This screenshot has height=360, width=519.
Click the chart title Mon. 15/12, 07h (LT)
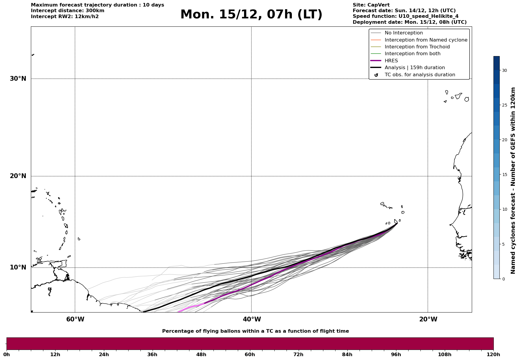click(x=251, y=15)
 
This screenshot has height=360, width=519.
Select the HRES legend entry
click(x=391, y=61)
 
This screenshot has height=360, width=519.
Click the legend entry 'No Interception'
click(x=404, y=33)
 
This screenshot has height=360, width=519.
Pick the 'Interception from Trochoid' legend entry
click(x=417, y=47)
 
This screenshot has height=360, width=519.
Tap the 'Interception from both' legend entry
click(x=412, y=54)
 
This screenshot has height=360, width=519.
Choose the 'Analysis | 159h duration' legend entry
click(x=414, y=68)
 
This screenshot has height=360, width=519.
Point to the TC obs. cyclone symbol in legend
click(x=376, y=75)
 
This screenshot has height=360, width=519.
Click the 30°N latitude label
click(x=18, y=79)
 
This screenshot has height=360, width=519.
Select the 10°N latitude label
click(x=18, y=267)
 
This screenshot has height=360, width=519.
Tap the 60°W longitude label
click(x=75, y=319)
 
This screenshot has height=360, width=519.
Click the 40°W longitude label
click(x=252, y=319)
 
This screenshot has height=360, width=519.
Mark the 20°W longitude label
click(x=428, y=319)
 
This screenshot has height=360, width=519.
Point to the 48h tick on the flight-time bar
click(x=201, y=354)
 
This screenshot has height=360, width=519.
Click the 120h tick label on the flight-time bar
click(x=493, y=354)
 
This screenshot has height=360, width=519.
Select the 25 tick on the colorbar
click(x=504, y=105)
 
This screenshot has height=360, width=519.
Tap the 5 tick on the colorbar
click(x=503, y=244)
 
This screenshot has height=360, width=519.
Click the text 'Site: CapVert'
click(x=371, y=5)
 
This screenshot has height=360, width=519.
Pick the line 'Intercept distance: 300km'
click(x=68, y=11)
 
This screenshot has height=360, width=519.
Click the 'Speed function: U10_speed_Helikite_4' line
click(x=406, y=16)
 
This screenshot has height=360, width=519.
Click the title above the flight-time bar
click(x=255, y=331)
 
